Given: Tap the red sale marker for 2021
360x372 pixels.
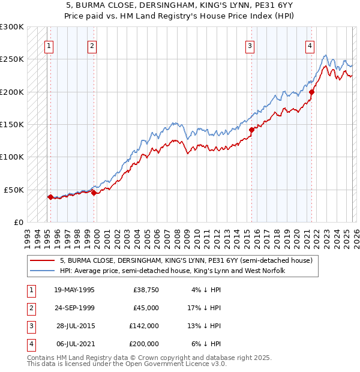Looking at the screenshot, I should tap(311, 92).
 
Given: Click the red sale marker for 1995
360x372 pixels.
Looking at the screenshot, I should tap(50, 197).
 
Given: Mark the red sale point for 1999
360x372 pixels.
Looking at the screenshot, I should tap(94, 193).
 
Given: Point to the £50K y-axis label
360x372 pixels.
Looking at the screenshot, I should tap(14, 190).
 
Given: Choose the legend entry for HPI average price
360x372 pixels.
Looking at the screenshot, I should tap(172, 271).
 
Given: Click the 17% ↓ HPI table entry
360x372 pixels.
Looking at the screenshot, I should tap(205, 308).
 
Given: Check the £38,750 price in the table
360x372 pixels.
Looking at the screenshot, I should tap(146, 290).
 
